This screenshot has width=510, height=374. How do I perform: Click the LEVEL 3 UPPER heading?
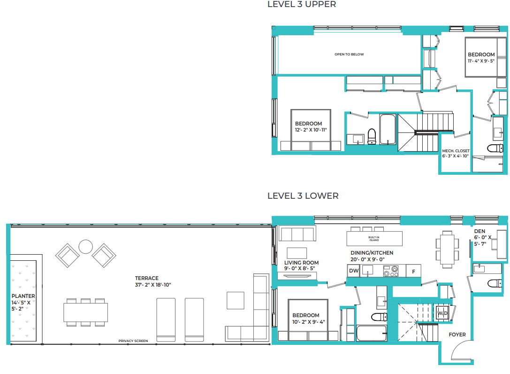[302, 5]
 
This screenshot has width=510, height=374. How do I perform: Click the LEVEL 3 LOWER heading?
[303, 195]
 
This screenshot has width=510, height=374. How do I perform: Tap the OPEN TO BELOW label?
[349, 55]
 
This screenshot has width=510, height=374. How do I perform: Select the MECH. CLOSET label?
[455, 151]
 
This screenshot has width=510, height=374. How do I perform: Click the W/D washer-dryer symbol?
[442, 313]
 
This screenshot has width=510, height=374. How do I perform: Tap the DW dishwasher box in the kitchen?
[353, 271]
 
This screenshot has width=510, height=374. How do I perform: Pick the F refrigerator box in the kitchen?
[413, 271]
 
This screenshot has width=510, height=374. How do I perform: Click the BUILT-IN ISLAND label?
[374, 239]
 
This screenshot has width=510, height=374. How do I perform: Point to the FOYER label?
[457, 335]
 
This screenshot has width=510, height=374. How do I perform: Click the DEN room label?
[480, 231]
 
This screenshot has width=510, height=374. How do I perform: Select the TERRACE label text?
[147, 278]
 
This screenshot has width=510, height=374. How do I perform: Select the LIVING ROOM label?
[301, 263]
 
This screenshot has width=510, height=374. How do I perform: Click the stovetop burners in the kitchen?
[390, 271]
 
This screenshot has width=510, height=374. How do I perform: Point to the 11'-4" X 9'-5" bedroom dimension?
[481, 61]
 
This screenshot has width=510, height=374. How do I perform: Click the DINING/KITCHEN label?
[372, 253]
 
